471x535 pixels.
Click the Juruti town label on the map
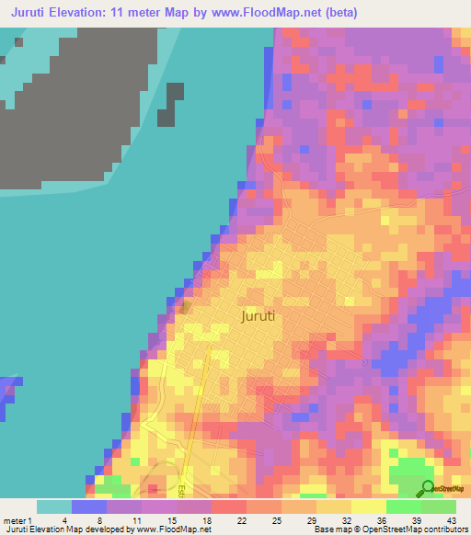258,316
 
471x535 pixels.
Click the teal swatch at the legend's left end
54,506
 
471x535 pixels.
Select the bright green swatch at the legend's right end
439,506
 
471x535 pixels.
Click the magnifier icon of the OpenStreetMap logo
427,487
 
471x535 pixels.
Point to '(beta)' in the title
339,13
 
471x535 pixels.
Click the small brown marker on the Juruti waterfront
184,306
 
